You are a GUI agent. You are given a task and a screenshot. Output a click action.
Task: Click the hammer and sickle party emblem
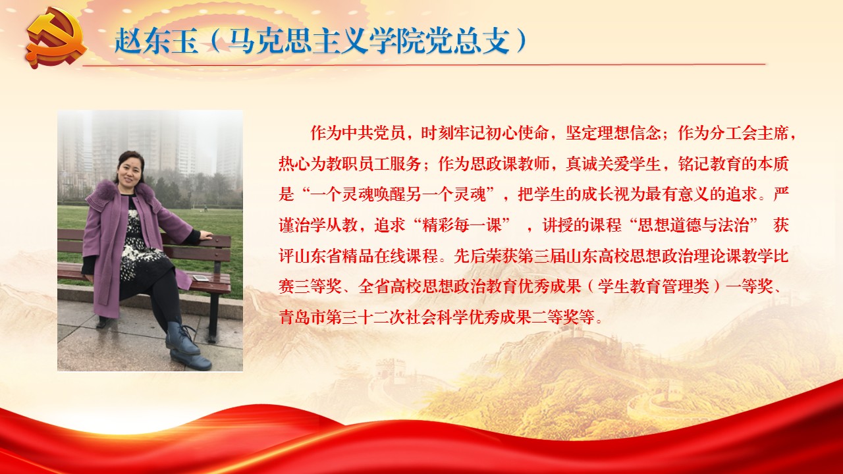57,38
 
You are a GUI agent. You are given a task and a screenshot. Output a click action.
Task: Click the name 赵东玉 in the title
157,40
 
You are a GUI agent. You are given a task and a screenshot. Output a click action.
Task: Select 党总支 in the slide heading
468,40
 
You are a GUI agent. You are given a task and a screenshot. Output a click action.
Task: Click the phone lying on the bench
201,278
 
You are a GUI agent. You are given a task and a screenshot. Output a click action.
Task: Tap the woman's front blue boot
182,338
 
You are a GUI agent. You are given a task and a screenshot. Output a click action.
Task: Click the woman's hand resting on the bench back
206,236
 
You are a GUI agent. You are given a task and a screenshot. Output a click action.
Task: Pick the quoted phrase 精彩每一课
462,225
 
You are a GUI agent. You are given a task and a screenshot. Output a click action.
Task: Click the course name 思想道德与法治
692,225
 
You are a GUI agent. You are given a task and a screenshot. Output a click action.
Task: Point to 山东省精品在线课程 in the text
366,256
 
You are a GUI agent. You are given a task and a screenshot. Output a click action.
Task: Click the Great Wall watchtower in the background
391,371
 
